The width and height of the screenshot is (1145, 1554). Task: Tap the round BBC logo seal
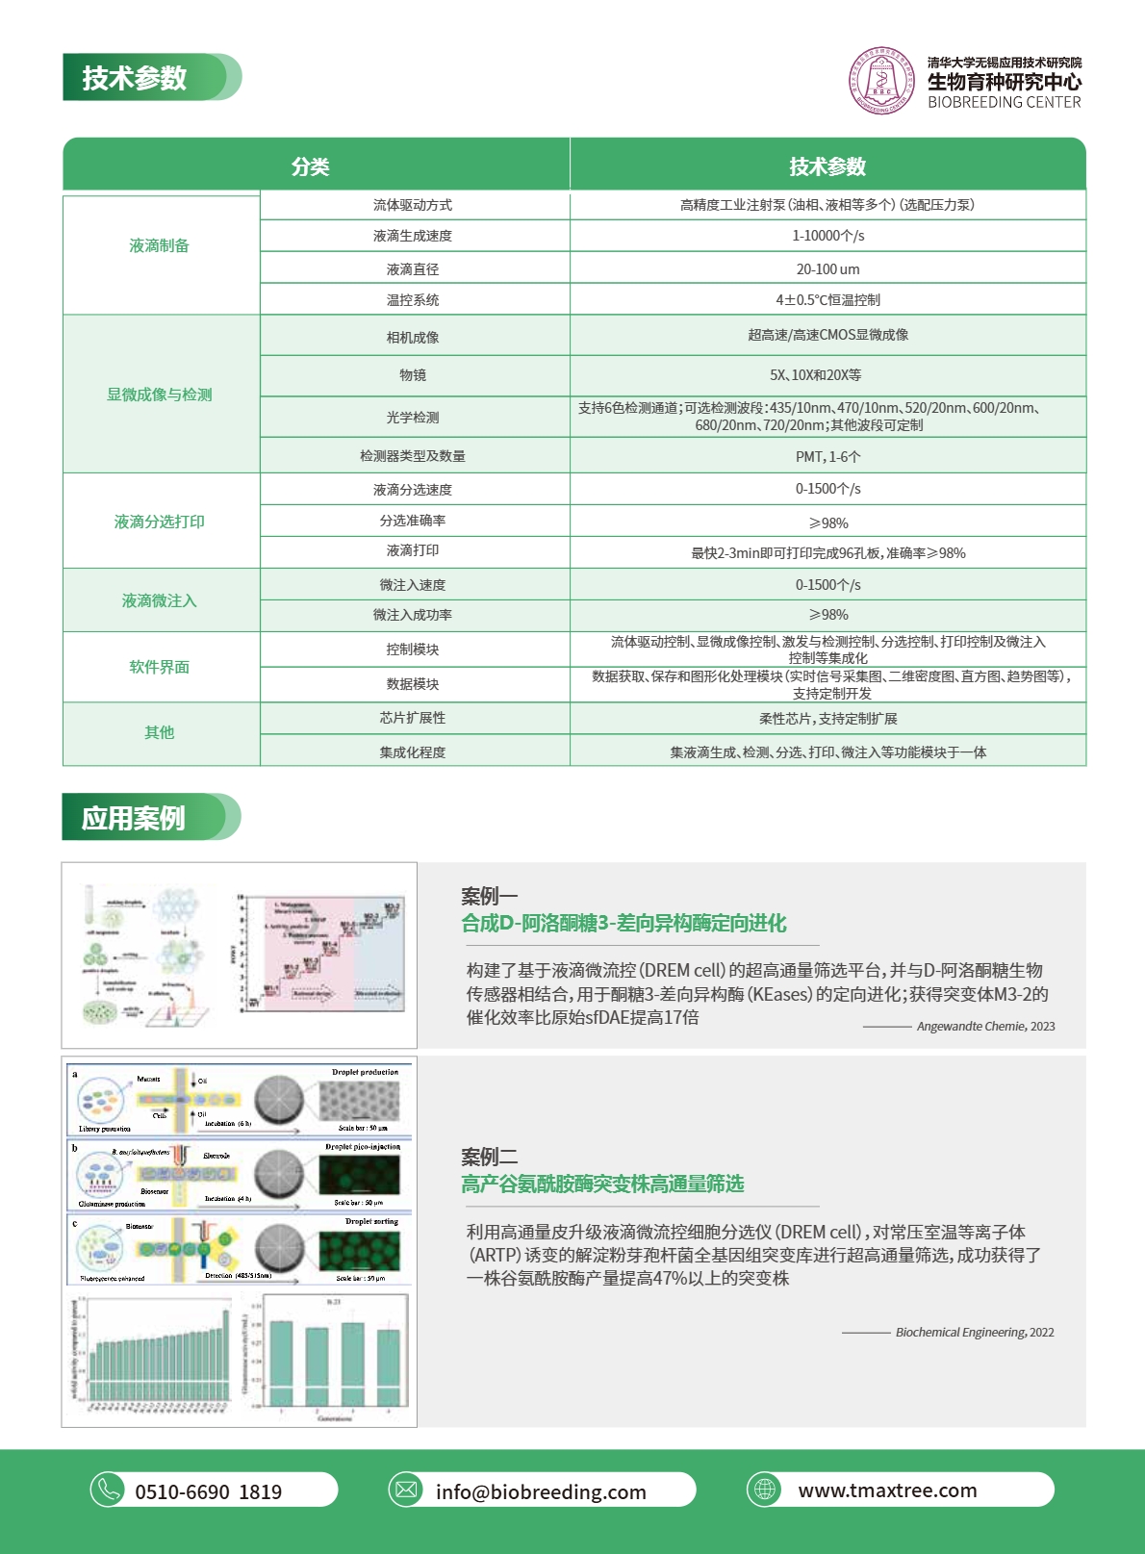click(x=881, y=81)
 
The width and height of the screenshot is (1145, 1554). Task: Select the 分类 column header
click(x=311, y=166)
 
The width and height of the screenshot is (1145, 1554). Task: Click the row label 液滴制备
click(x=160, y=246)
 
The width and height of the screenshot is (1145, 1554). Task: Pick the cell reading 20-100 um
click(x=827, y=269)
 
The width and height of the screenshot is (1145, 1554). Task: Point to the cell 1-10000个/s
click(x=827, y=236)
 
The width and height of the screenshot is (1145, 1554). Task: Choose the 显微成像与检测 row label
click(x=160, y=395)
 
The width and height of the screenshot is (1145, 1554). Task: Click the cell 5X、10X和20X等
click(x=827, y=375)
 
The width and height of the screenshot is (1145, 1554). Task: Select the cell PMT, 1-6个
click(x=827, y=456)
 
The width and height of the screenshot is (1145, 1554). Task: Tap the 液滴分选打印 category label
click(x=160, y=522)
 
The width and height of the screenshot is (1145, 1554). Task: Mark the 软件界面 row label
click(x=160, y=667)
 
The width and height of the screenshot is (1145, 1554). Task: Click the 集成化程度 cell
click(x=413, y=752)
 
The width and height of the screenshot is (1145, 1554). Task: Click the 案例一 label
click(x=489, y=896)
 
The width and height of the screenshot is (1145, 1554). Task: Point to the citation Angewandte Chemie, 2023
click(x=985, y=1027)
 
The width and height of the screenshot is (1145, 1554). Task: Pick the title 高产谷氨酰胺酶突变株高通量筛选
click(x=602, y=1184)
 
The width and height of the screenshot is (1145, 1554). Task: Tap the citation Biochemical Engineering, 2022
click(x=975, y=1333)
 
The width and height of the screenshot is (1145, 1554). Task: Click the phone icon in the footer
click(x=108, y=1490)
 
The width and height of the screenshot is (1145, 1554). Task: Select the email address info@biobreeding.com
click(x=541, y=1491)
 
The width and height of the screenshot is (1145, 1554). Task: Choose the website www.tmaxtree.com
click(x=887, y=1490)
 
